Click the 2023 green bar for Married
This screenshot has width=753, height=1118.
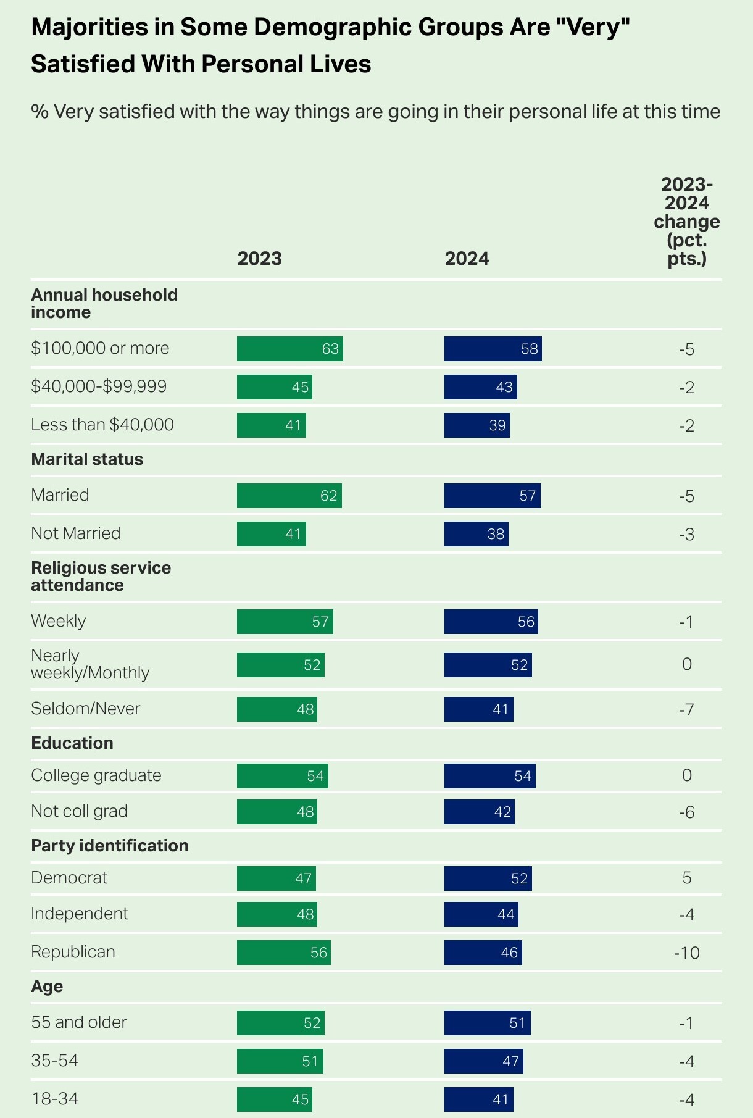pyautogui.click(x=289, y=496)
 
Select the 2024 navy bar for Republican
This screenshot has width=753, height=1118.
pyautogui.click(x=483, y=953)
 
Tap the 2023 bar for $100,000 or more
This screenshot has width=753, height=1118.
pyautogui.click(x=289, y=349)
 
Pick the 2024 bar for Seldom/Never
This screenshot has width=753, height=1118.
pyautogui.click(x=478, y=709)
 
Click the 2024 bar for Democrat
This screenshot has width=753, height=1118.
pyautogui.click(x=488, y=878)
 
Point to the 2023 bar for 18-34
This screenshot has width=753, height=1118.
pyautogui.click(x=274, y=1099)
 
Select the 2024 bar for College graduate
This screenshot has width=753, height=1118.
pyautogui.click(x=489, y=776)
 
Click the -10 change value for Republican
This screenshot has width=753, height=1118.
pyautogui.click(x=686, y=953)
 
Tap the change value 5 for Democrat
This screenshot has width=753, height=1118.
pyautogui.click(x=686, y=878)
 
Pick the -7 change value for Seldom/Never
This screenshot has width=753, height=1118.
pyautogui.click(x=686, y=709)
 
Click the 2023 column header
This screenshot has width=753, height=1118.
pyautogui.click(x=259, y=258)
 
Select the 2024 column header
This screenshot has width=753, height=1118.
pyautogui.click(x=467, y=258)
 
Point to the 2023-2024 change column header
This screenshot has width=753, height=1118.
pyautogui.click(x=686, y=221)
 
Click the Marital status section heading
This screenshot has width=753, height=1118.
pyautogui.click(x=87, y=459)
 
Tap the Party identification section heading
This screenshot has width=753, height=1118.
pyautogui.click(x=109, y=846)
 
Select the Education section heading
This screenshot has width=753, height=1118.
pyautogui.click(x=72, y=743)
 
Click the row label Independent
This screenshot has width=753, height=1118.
pyautogui.click(x=80, y=914)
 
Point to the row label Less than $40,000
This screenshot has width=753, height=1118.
pyautogui.click(x=102, y=425)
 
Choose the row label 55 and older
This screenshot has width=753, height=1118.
pyautogui.click(x=79, y=1022)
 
